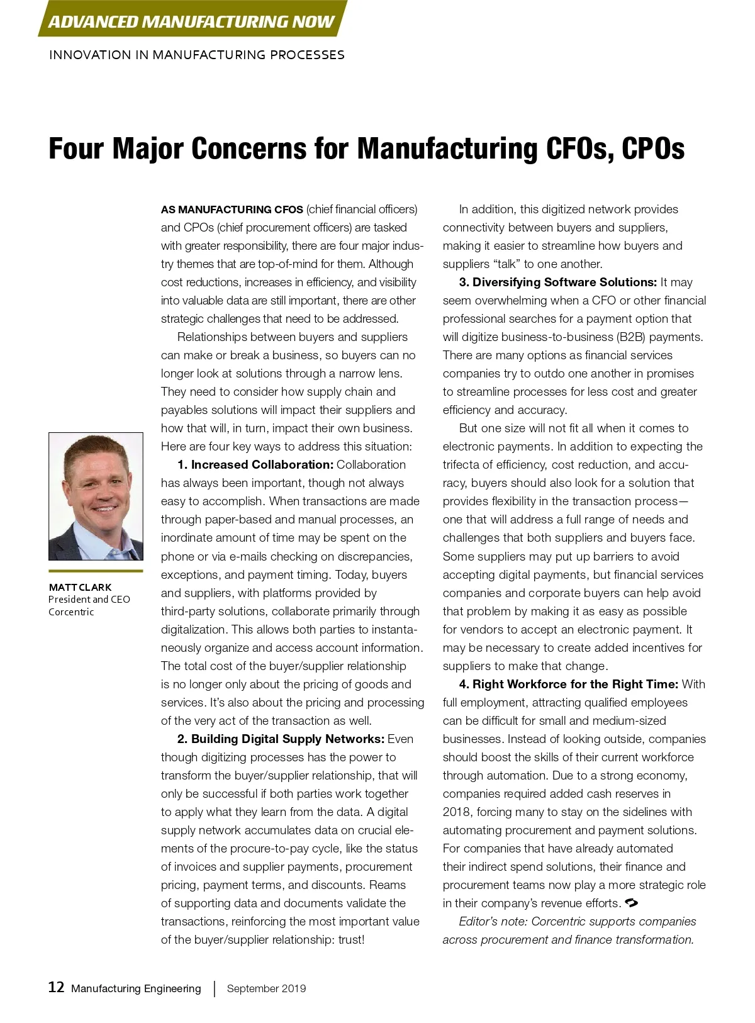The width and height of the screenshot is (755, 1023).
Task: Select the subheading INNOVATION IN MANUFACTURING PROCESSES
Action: point(196,55)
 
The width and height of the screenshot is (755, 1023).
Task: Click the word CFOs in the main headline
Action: point(579,149)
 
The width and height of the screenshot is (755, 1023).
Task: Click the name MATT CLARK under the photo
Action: point(80,587)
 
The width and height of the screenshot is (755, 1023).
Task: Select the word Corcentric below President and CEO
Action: point(71,612)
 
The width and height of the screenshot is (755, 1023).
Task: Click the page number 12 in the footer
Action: point(56,987)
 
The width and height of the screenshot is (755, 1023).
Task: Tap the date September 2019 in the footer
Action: point(266,988)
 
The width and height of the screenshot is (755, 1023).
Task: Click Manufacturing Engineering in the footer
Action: point(136,988)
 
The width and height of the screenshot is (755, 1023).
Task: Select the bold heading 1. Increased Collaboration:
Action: point(255,464)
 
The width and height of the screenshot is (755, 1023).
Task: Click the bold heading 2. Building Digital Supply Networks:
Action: point(281,739)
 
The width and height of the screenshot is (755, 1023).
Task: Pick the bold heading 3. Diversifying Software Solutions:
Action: point(558,282)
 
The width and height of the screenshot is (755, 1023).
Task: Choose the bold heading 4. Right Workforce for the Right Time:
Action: point(568,684)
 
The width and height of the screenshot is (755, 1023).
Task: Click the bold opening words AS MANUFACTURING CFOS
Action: point(232,210)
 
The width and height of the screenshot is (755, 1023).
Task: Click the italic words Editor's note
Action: point(493,921)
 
